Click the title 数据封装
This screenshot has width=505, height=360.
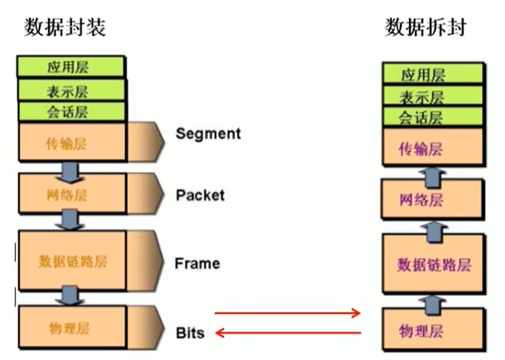point(64,27)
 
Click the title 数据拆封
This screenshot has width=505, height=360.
point(426,27)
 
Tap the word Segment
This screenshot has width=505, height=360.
point(209,134)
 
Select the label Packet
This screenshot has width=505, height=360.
point(200,195)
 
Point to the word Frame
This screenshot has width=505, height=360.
point(197,263)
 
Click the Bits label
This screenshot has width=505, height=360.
point(190,332)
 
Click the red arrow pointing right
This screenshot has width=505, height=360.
point(287,312)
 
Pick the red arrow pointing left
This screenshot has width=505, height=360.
point(289,332)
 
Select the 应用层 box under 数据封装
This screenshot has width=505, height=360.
point(71,67)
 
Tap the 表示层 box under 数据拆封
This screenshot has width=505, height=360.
point(433,95)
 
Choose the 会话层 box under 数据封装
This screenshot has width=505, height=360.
point(71,111)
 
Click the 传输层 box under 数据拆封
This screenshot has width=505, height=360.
point(433,147)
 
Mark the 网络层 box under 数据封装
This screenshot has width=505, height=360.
point(72,193)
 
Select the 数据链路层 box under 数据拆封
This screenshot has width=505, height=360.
point(434,264)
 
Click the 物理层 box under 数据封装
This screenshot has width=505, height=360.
point(72,327)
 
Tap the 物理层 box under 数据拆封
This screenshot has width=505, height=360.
point(434,329)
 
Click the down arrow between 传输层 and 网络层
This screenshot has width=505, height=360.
point(70,172)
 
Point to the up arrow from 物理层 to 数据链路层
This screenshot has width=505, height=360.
point(433,306)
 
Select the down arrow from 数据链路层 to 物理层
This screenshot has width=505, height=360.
point(70,296)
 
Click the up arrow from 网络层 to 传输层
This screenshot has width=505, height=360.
point(433,178)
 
